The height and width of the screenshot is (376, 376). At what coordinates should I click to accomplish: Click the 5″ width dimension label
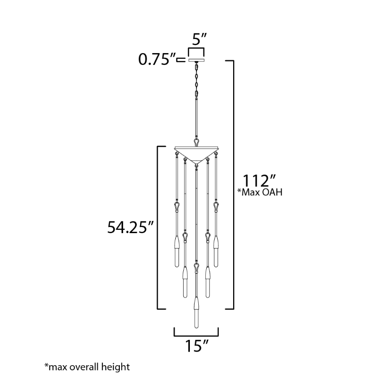click(x=199, y=39)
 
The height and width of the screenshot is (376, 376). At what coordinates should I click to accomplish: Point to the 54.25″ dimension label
click(x=130, y=227)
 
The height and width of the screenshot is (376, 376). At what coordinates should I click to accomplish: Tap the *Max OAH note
click(x=260, y=192)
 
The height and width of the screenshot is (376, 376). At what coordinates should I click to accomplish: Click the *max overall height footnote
click(x=87, y=367)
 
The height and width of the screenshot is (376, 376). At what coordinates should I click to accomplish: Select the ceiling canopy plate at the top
click(x=196, y=60)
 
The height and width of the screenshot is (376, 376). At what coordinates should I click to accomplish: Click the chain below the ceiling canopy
click(x=196, y=80)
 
